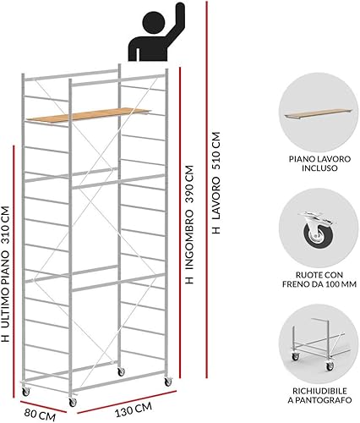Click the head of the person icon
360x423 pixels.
(x=154, y=23)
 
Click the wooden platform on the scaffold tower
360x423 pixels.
(x=89, y=115)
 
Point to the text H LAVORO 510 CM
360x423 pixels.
(x=215, y=183)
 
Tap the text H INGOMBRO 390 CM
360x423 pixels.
(x=189, y=224)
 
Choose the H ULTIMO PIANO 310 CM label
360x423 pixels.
(x=5, y=274)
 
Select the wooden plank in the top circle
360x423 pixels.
(x=318, y=113)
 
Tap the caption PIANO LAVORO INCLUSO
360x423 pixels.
(x=319, y=163)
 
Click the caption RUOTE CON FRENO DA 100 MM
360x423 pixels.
(x=319, y=279)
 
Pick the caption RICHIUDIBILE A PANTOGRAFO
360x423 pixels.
(x=319, y=395)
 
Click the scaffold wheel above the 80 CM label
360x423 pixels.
(x=26, y=391)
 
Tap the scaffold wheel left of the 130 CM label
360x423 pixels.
(x=73, y=402)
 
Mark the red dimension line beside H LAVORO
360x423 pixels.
(x=207, y=190)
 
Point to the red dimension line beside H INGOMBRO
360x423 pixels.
(x=179, y=222)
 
